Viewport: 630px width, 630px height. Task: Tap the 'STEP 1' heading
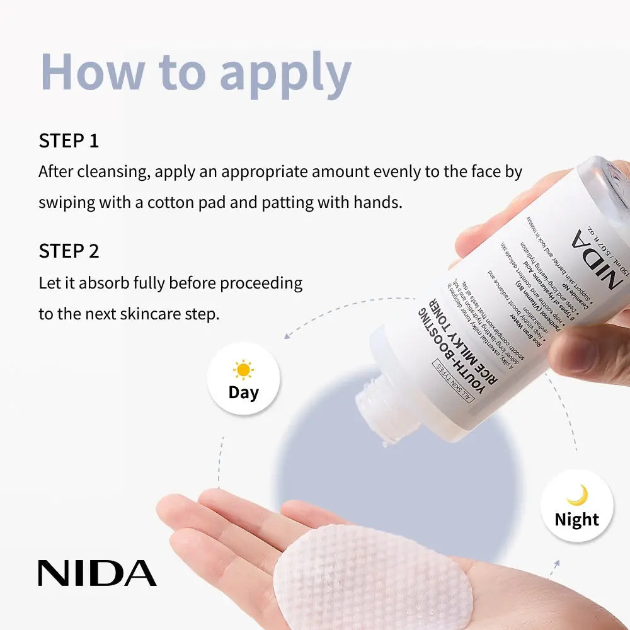coord(69,140)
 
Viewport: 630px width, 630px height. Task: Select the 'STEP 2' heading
coord(69,251)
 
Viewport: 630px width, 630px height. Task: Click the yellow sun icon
coord(243,369)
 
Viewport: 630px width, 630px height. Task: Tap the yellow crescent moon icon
coord(577,495)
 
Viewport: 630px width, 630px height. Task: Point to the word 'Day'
coord(243,392)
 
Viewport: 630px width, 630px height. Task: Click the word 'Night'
coord(576,520)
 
